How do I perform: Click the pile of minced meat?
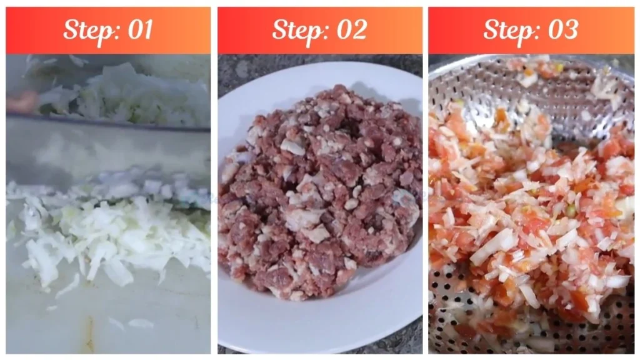[x=319, y=187]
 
